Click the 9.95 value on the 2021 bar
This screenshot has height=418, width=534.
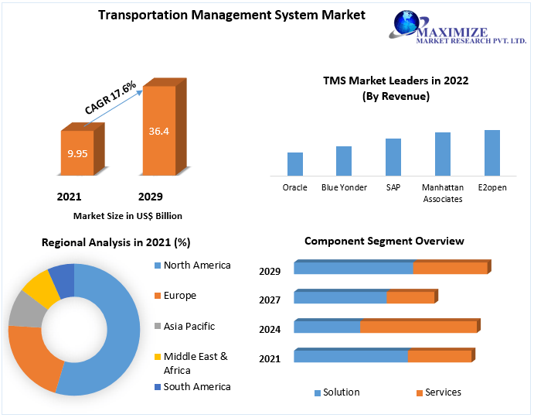[77, 153]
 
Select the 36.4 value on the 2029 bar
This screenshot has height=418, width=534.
[159, 131]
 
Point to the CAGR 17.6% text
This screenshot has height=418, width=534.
[110, 98]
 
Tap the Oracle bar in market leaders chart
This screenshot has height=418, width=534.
[295, 164]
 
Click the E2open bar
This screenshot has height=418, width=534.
[492, 152]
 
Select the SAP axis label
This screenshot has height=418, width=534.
[393, 187]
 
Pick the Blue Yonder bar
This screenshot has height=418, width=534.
[344, 161]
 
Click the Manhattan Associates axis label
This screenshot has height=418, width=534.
[443, 193]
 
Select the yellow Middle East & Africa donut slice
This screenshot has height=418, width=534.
[41, 288]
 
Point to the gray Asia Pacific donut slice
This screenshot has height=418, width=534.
[26, 310]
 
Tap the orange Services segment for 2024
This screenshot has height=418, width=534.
[418, 327]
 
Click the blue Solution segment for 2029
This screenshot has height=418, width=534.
[353, 268]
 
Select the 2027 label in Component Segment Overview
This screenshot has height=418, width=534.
[270, 300]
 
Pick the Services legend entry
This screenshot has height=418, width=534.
[438, 392]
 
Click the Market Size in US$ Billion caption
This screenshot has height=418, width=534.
[128, 216]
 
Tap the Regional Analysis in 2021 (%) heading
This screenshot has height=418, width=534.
[116, 242]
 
